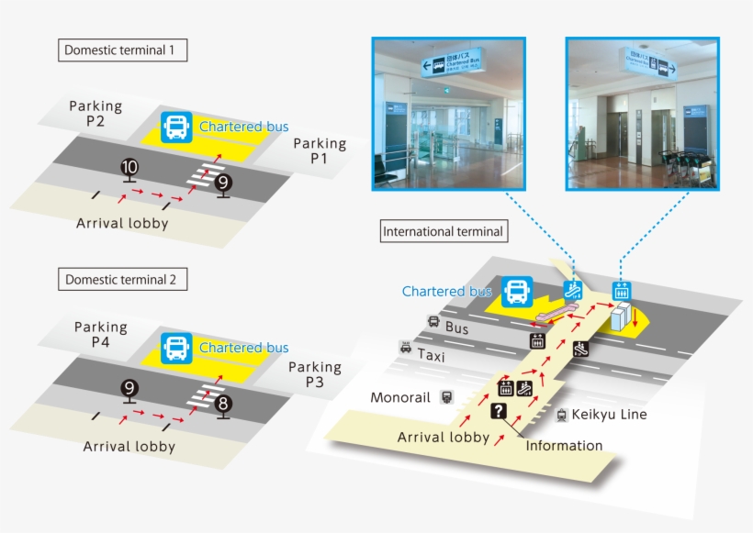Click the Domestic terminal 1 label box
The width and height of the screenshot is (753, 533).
123,50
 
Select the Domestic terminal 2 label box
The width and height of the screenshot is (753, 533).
123,279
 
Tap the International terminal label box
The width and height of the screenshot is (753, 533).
444,231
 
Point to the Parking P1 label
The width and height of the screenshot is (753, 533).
320,151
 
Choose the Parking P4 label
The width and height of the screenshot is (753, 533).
101,334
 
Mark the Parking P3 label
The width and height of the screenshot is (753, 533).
315,374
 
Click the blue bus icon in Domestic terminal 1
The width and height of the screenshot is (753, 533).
176,127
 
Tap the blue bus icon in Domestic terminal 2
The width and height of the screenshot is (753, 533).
176,348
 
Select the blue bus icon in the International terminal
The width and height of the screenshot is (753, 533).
516,292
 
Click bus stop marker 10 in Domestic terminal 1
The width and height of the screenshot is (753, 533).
129,168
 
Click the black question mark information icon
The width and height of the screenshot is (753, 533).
499,411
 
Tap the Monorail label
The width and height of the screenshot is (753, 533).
400,398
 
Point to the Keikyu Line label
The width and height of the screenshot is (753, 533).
609,415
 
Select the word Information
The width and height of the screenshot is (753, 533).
564,446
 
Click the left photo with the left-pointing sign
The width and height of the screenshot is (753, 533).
448,114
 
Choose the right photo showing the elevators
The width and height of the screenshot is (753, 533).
642,114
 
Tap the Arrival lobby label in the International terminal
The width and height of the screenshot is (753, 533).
443,437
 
